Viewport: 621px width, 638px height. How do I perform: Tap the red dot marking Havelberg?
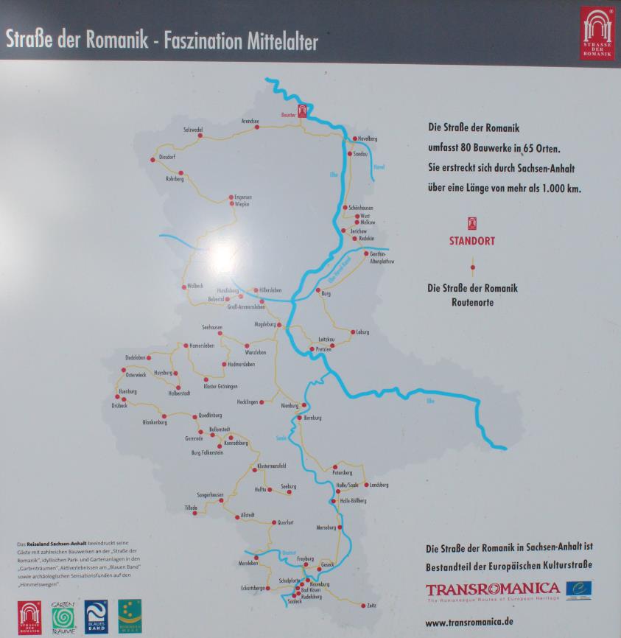(353, 139)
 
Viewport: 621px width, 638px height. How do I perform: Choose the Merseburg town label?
(326, 527)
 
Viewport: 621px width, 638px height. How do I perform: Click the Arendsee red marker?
(257, 127)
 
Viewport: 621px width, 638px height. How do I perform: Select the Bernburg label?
(313, 418)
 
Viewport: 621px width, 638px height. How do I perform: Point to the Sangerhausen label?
(210, 494)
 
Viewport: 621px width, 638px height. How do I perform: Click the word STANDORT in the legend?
(472, 241)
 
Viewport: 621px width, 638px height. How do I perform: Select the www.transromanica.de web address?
(469, 622)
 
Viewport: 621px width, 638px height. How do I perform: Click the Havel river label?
(379, 167)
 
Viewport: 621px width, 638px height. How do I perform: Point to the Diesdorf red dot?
(153, 158)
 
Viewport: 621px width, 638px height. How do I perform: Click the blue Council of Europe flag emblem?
(578, 589)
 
